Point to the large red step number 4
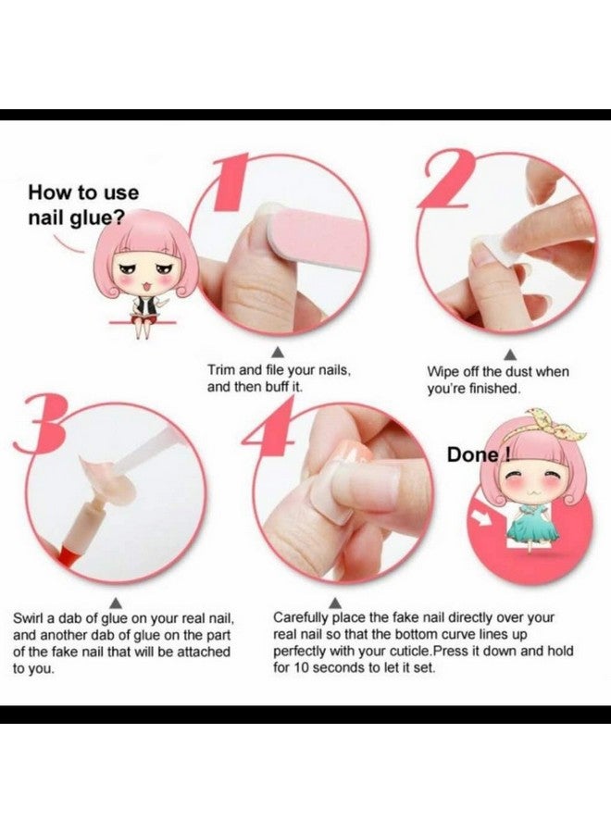point(266,435)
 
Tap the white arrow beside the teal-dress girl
point(482,515)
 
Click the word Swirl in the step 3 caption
point(30,617)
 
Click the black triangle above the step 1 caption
point(275,352)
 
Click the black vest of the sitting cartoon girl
point(144,302)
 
